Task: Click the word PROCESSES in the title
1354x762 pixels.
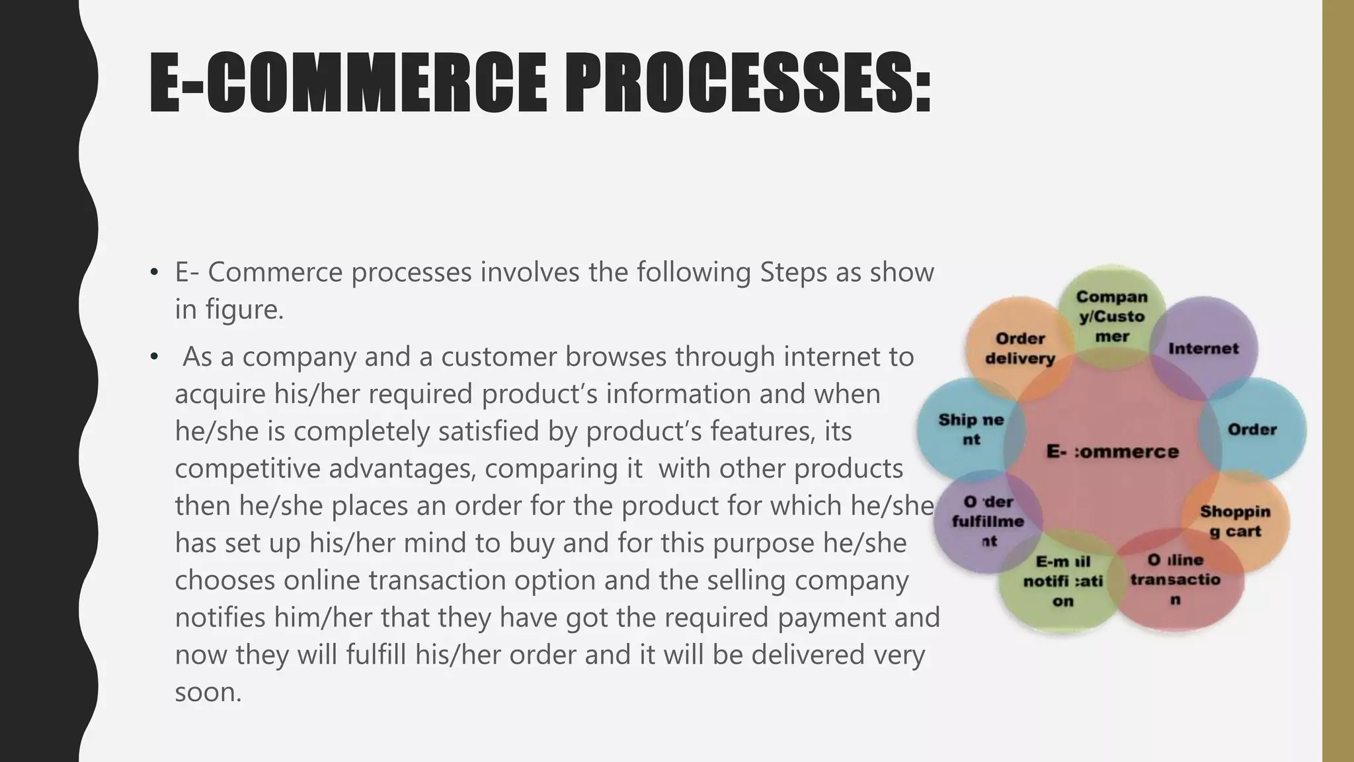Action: coord(746,83)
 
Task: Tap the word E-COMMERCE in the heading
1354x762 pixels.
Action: coord(347,83)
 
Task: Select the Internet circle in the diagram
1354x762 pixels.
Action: coord(1203,349)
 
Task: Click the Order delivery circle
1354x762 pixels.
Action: coord(1019,349)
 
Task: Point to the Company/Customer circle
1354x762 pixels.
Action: coord(1111,317)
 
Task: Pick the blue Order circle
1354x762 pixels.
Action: coord(1252,429)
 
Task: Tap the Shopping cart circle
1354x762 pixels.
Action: coord(1235,521)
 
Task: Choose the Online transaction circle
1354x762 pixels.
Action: coord(1175,579)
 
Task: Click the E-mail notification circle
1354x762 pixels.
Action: coord(1062,581)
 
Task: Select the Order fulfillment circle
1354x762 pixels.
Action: coord(988,521)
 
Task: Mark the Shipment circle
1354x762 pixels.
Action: coord(971,429)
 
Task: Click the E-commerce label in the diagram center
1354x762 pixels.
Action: coord(1113,452)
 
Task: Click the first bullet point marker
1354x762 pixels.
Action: coord(155,273)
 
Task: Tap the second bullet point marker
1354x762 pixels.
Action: coord(155,357)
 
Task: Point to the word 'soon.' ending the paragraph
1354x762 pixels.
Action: coord(208,693)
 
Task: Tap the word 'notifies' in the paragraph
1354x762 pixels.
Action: coord(220,618)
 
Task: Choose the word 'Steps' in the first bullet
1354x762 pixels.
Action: coord(793,273)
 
